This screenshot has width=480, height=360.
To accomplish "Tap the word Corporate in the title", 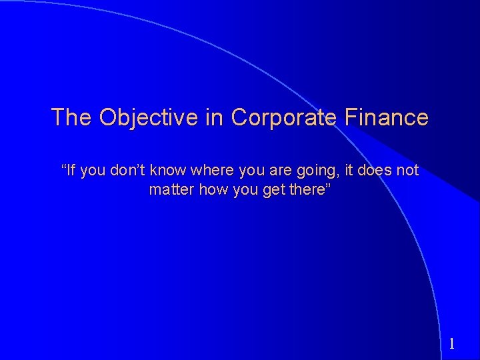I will (x=285, y=117).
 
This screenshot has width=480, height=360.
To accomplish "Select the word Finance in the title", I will (x=387, y=117).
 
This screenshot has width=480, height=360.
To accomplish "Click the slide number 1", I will (x=451, y=344).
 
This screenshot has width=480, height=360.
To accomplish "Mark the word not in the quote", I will (x=407, y=171).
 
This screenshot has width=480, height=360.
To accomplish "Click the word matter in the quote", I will (x=169, y=189).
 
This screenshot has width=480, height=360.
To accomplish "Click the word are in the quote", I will (x=281, y=171).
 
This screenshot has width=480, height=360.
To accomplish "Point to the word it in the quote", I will (x=349, y=171).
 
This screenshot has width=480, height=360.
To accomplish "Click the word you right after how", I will (x=240, y=190).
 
